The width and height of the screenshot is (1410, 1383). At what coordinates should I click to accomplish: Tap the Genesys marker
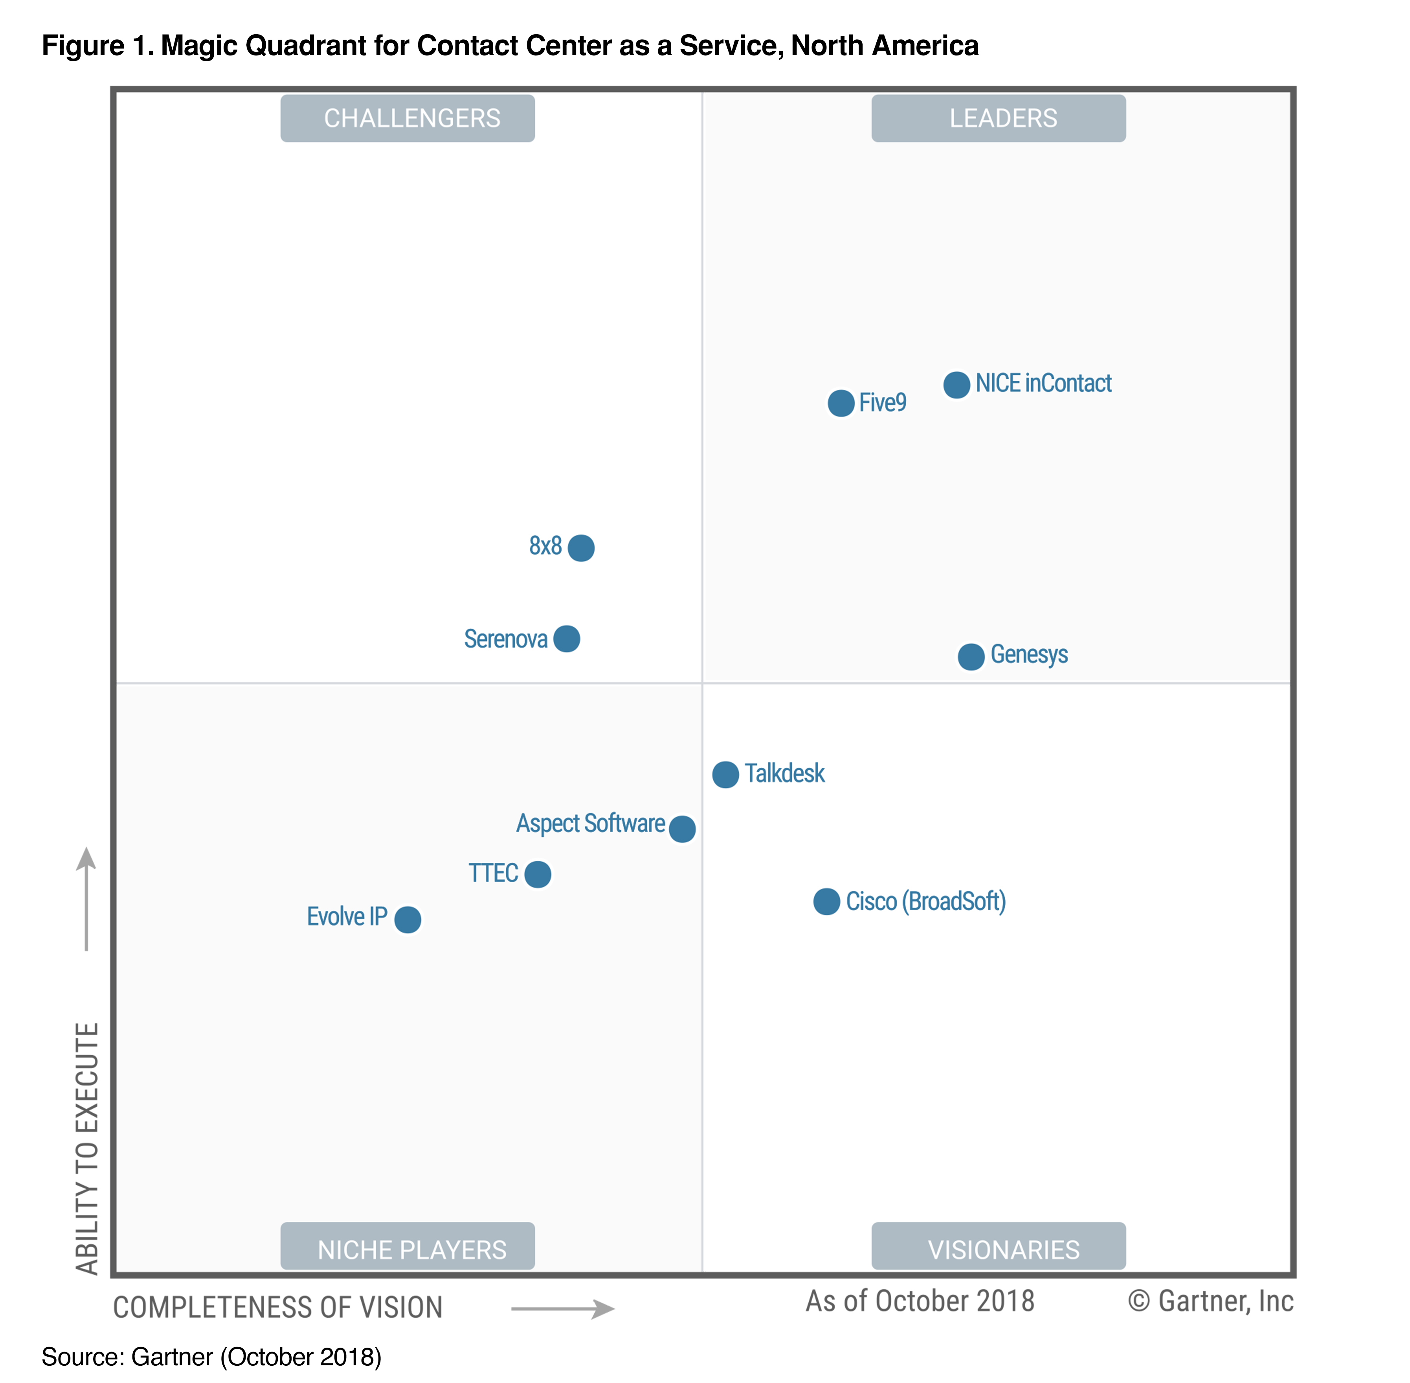pos(971,657)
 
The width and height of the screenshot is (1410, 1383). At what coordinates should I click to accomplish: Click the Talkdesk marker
pos(725,774)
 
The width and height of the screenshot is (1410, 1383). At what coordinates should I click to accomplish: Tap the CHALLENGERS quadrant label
pos(408,118)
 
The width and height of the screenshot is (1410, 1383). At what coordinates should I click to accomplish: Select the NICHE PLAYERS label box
pos(408,1249)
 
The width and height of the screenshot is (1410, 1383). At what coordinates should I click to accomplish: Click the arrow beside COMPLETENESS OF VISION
pos(563,1309)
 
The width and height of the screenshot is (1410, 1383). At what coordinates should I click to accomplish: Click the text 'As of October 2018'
pos(920,1301)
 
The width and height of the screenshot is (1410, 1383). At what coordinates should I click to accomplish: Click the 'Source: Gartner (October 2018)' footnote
pos(211,1357)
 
